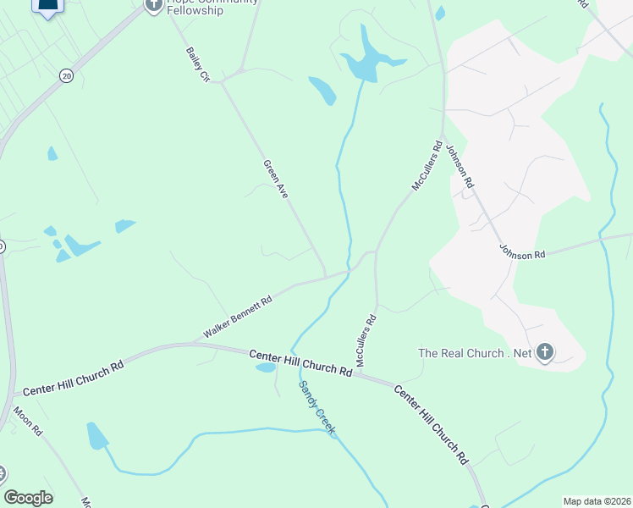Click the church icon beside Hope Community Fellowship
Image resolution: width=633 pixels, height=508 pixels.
(153, 5)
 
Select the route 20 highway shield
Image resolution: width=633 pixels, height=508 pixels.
(67, 76)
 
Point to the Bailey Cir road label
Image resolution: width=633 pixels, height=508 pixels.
(197, 64)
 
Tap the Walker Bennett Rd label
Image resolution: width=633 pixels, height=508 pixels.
(238, 317)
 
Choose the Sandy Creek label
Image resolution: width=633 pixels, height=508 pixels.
(316, 408)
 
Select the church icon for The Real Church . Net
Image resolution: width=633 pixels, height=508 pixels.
(545, 352)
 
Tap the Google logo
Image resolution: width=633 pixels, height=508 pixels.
(28, 498)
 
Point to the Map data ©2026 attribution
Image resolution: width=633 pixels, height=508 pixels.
(596, 501)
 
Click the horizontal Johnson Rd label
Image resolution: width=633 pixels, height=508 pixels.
(523, 252)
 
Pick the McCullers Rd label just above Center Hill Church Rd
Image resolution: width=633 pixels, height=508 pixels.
(366, 342)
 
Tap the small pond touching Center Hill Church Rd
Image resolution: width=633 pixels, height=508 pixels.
(265, 367)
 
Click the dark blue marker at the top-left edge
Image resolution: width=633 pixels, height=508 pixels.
(49, 8)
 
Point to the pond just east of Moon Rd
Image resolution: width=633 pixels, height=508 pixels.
(97, 436)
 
